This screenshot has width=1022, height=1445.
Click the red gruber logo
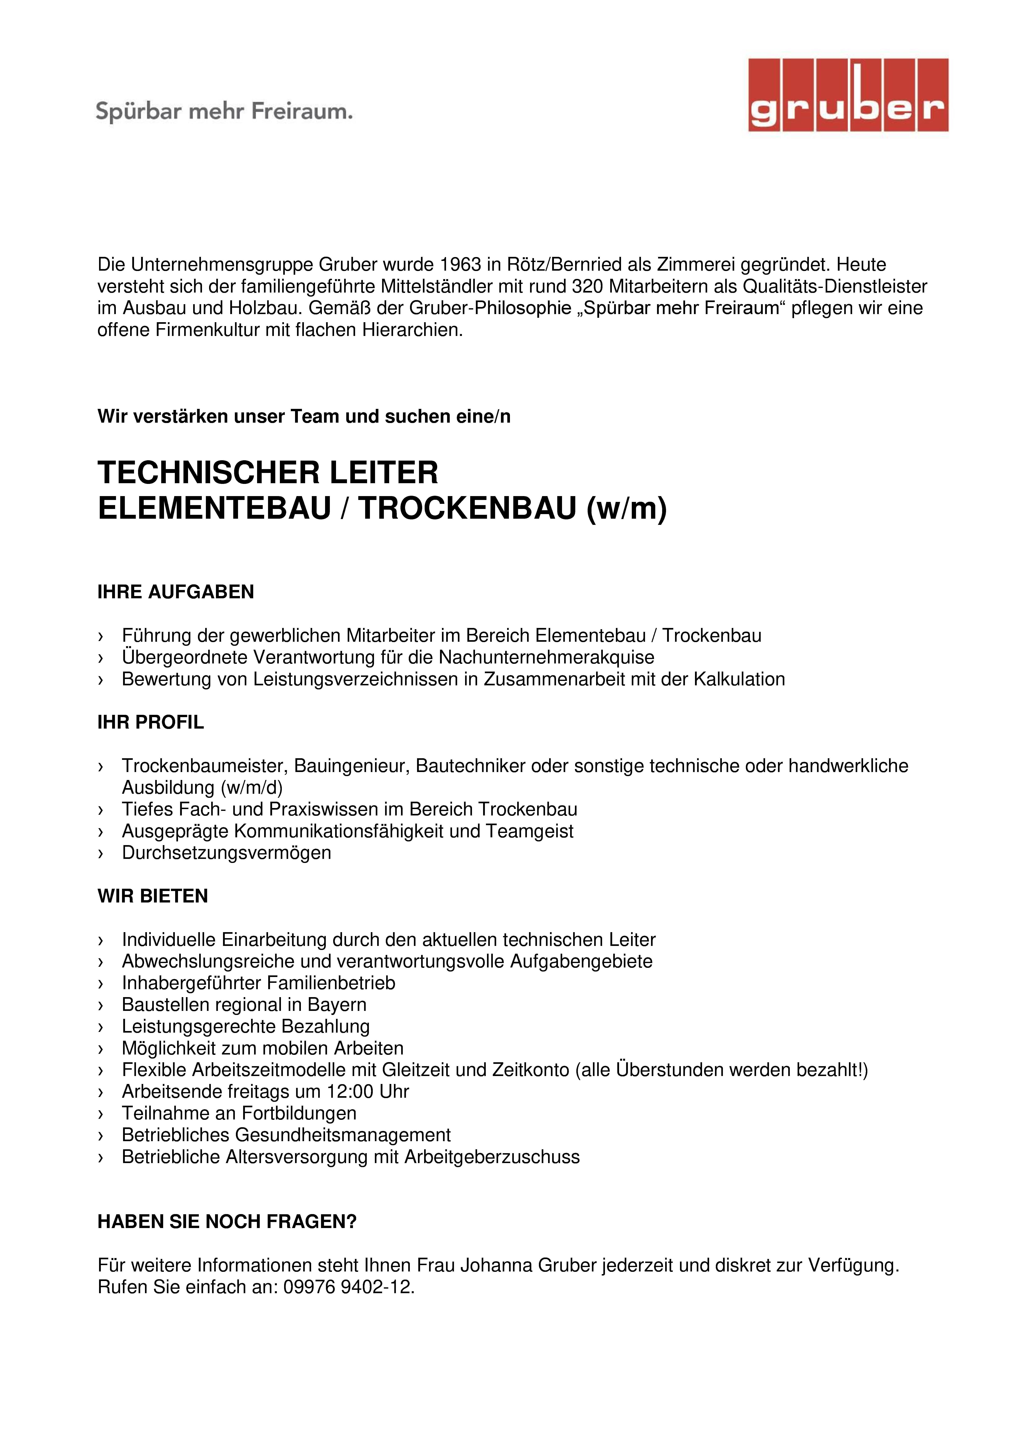(848, 95)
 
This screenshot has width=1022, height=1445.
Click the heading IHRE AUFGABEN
(176, 592)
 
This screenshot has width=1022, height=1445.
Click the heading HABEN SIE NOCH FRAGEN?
(227, 1221)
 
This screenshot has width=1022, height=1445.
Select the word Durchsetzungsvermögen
(227, 853)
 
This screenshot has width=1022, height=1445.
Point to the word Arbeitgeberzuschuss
(492, 1157)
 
